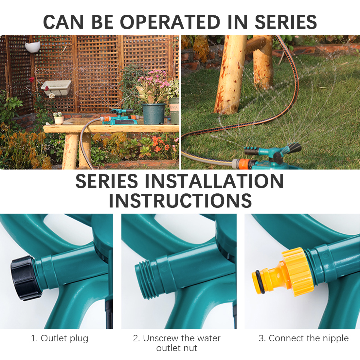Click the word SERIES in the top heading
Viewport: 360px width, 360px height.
pos(286,22)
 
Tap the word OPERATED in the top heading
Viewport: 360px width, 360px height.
pos(170,22)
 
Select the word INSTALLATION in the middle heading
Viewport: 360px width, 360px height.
pos(214,181)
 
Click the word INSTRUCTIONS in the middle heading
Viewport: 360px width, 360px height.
pos(180,201)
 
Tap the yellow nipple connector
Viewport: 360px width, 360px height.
pos(282,273)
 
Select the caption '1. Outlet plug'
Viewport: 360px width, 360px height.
pos(60,338)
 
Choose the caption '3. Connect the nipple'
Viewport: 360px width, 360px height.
pos(303,338)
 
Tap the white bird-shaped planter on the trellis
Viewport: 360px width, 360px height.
pos(33,47)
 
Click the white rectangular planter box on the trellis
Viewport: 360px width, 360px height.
pos(56,87)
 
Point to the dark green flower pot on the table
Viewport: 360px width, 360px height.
pos(153,114)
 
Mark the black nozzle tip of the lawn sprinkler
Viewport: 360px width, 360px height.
pos(295,147)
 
